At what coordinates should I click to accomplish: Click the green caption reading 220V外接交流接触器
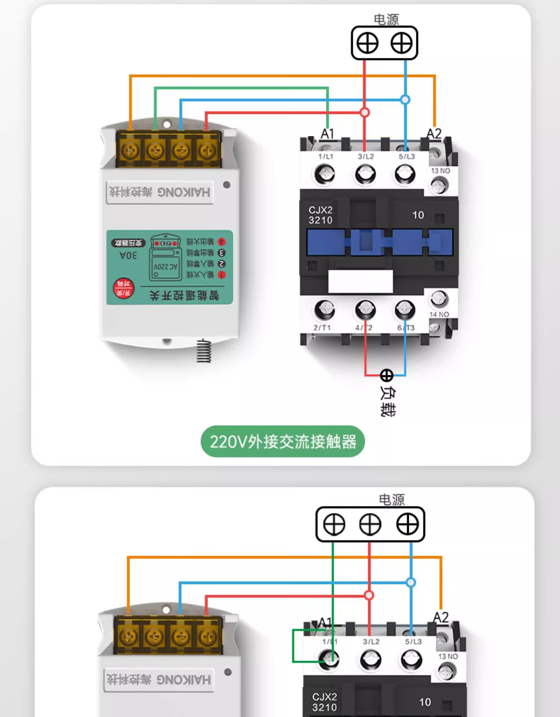coord(283,441)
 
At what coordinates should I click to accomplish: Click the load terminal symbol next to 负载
coord(386,375)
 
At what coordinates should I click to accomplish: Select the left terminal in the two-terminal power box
coord(367,43)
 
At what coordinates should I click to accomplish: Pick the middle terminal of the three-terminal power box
coord(370,524)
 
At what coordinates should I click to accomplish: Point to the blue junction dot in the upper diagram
coord(405,100)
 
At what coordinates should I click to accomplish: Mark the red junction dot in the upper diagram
coord(365,112)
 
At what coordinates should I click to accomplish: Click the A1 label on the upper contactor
coord(327,134)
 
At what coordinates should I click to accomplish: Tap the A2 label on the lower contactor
coord(441,617)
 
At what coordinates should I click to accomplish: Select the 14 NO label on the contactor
coord(439,314)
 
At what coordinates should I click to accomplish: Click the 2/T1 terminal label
coord(322,328)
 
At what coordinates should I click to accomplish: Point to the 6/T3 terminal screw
coord(405,309)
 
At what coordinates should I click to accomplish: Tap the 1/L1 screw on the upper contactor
coord(324,174)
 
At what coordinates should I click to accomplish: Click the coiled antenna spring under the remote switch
coord(204,351)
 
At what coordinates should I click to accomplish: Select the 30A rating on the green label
coord(128,256)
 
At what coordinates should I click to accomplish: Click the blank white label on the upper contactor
coord(360,281)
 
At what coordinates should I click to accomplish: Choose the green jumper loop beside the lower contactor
coord(293,646)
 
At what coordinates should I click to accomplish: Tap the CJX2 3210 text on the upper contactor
coord(320,215)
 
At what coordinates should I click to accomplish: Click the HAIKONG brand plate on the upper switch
coord(160,192)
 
